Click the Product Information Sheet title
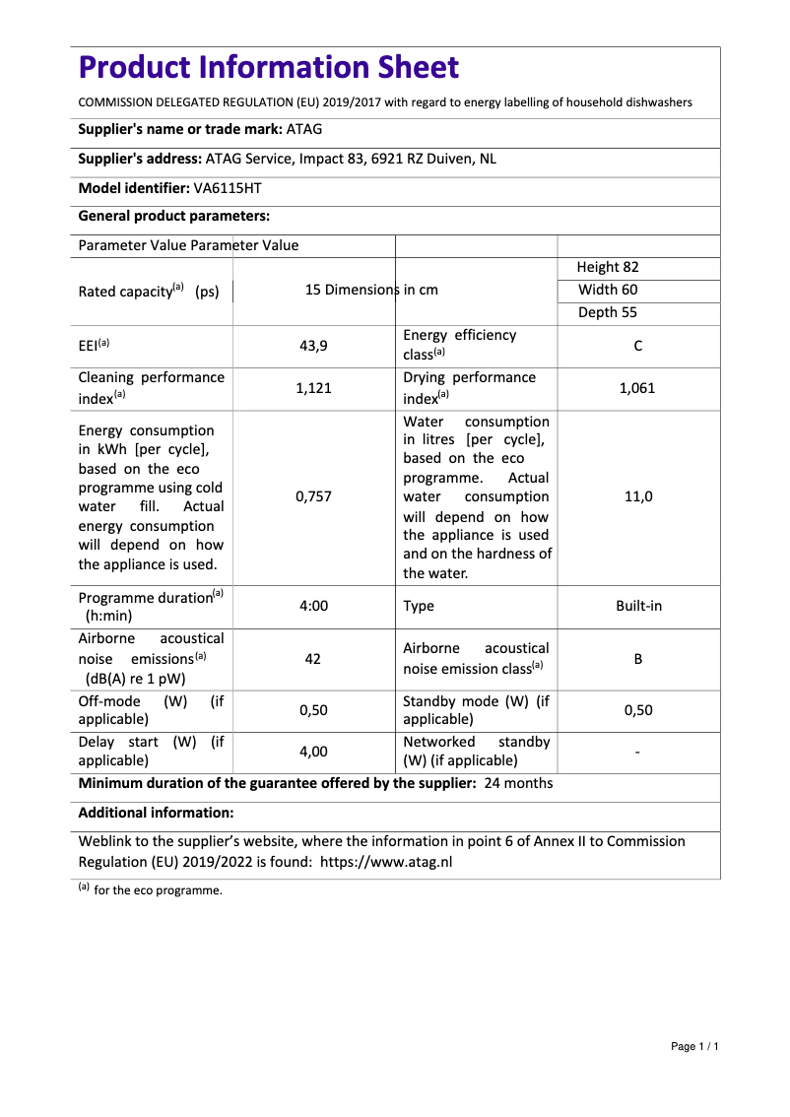(x=269, y=68)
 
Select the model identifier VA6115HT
(x=228, y=187)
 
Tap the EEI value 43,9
(x=313, y=346)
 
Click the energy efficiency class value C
(x=638, y=346)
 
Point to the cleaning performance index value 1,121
(x=313, y=388)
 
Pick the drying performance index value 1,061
(x=637, y=388)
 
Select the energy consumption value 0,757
(x=313, y=496)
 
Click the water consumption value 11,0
(x=638, y=496)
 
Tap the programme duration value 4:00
(x=313, y=606)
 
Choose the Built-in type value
(x=638, y=606)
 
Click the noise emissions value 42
(x=313, y=658)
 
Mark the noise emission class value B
(x=638, y=658)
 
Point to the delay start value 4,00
(x=313, y=752)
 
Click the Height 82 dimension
(x=608, y=267)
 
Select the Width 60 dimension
(x=608, y=290)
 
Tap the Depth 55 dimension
(x=608, y=312)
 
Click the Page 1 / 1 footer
(x=694, y=1046)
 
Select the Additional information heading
(x=156, y=813)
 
